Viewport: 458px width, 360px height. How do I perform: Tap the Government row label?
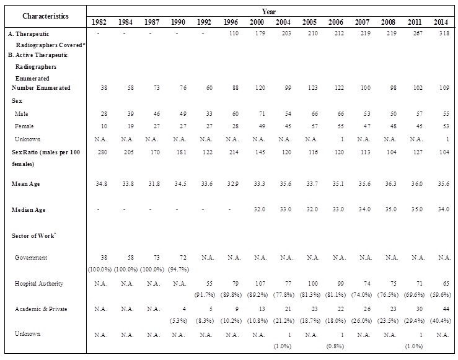point(31,257)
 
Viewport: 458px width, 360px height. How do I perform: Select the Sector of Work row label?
point(35,235)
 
